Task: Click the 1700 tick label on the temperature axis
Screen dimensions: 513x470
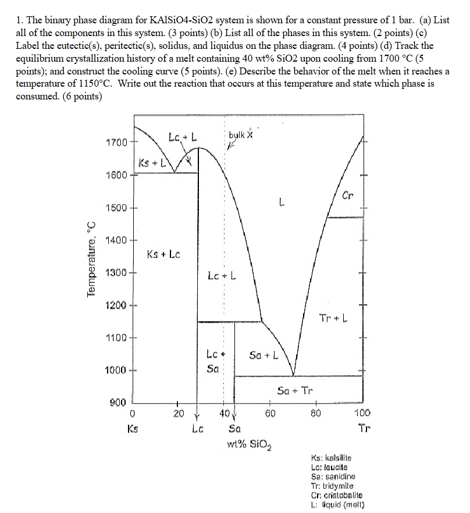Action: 116,142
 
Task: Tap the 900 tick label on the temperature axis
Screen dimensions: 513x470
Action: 117,402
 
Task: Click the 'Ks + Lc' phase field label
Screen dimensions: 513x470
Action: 163,254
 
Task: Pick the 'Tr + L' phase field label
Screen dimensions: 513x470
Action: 334,318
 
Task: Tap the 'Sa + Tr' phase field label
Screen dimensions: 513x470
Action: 295,390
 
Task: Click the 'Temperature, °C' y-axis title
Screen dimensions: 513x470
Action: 91,260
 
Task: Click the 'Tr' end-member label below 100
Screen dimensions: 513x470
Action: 364,430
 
